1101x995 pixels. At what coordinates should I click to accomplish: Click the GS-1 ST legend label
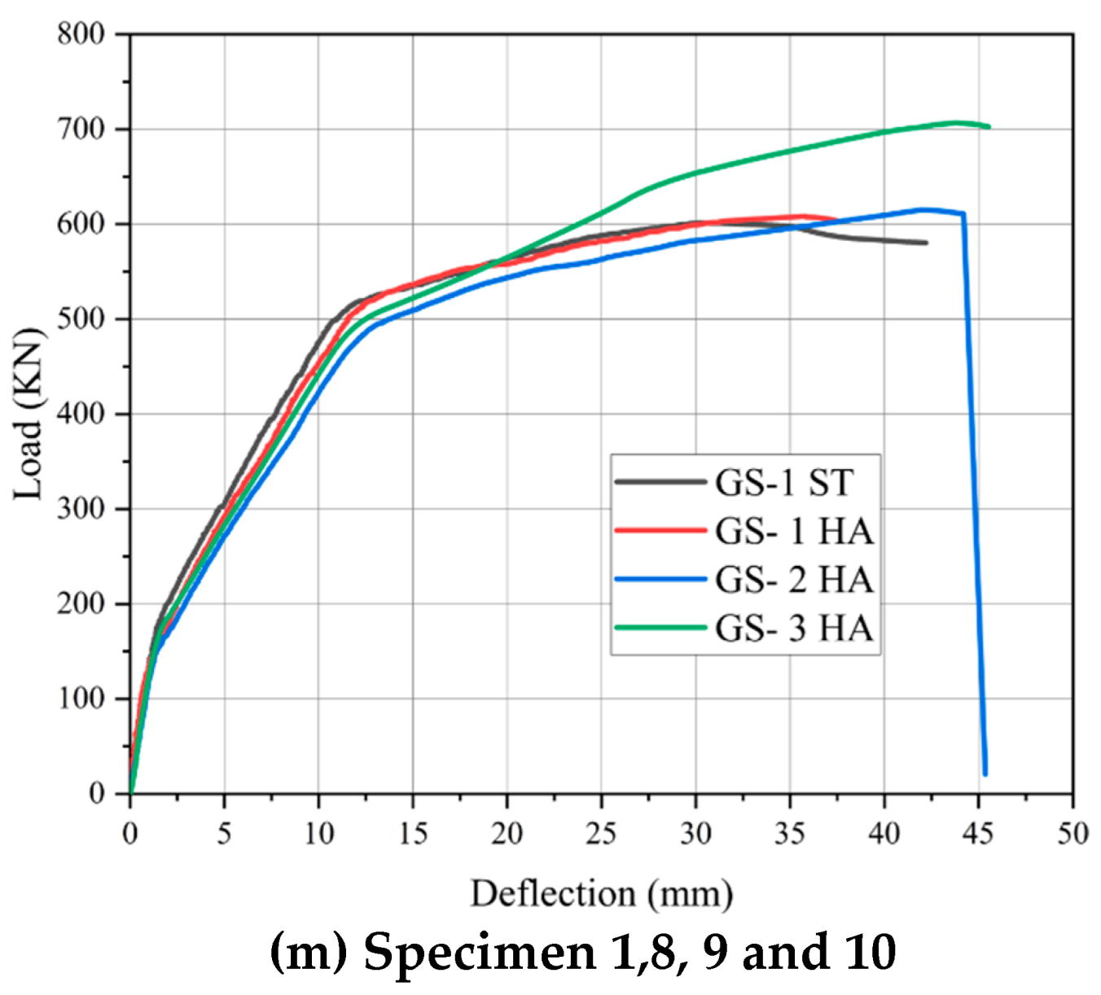(783, 483)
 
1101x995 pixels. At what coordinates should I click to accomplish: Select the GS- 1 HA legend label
(794, 532)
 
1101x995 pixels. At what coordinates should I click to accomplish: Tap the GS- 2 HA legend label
(794, 580)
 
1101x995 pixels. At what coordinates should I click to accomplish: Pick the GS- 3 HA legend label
(794, 629)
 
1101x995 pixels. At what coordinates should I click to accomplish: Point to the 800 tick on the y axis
(81, 34)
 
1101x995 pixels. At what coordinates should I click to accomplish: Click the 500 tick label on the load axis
(81, 319)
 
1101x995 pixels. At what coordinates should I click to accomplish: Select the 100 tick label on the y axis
(81, 699)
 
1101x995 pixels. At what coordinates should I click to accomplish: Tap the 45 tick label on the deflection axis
(978, 834)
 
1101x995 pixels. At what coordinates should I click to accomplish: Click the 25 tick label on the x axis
(601, 834)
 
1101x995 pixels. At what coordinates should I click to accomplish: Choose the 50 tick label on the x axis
(1072, 834)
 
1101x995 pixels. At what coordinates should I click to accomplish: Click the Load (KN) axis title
(28, 414)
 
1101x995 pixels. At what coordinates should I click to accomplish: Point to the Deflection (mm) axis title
(601, 894)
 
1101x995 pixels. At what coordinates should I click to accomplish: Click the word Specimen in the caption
(480, 951)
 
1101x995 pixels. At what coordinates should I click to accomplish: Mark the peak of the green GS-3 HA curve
(956, 123)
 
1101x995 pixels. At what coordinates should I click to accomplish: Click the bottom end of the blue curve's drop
(985, 774)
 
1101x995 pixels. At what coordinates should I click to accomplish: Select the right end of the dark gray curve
(926, 243)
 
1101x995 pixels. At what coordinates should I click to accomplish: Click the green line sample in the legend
(660, 628)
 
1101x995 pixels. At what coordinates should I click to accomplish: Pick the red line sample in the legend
(660, 531)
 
